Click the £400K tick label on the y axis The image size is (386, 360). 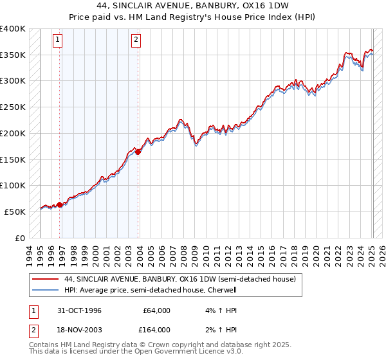pos(13,29)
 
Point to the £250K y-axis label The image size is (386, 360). pos(13,107)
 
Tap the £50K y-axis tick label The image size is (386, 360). pos(15,212)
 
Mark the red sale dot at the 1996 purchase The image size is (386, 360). pos(60,204)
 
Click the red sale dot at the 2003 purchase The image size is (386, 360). pos(138,152)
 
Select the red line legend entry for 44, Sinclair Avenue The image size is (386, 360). pos(179,280)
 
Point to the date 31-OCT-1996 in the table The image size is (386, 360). pos(78,311)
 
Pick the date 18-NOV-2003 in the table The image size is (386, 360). pos(78,330)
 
